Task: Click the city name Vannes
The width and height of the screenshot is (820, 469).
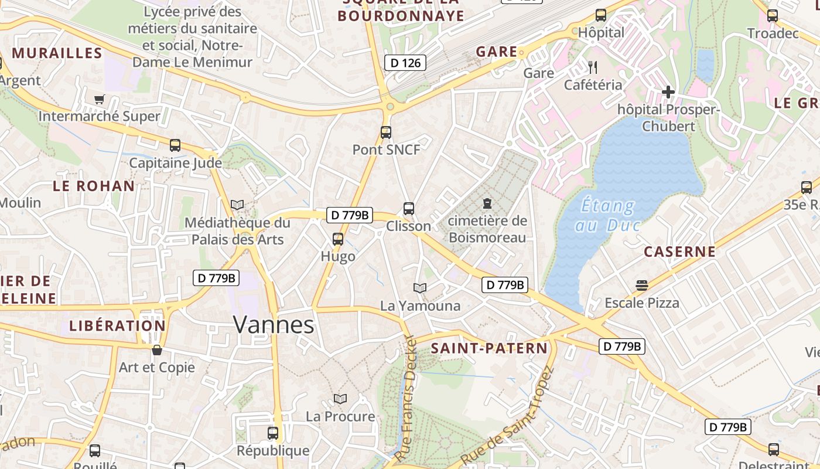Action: pyautogui.click(x=274, y=324)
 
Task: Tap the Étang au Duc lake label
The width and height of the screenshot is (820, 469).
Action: pyautogui.click(x=607, y=215)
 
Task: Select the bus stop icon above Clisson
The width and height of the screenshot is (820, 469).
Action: pyautogui.click(x=409, y=208)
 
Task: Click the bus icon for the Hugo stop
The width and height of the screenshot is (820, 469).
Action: pyautogui.click(x=338, y=239)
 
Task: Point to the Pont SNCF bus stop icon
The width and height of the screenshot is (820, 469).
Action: pyautogui.click(x=385, y=132)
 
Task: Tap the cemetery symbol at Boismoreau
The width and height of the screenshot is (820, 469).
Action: pyautogui.click(x=487, y=203)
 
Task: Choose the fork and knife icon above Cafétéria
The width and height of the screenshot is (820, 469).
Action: pyautogui.click(x=593, y=67)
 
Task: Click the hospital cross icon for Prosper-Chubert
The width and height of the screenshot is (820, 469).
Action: pyautogui.click(x=668, y=92)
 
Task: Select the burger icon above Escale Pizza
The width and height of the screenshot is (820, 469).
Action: pyautogui.click(x=642, y=286)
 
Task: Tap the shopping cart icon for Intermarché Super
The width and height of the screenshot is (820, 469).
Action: pyautogui.click(x=99, y=99)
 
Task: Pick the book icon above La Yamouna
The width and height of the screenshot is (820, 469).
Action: pyautogui.click(x=420, y=288)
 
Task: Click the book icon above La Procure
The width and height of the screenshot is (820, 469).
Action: pyautogui.click(x=340, y=399)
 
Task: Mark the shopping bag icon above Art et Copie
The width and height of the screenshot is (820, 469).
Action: pyautogui.click(x=156, y=350)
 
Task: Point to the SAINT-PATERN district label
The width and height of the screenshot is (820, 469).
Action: pyautogui.click(x=489, y=348)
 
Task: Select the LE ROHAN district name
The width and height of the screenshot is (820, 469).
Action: pyautogui.click(x=94, y=186)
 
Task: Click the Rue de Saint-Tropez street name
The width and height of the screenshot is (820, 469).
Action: pyautogui.click(x=507, y=416)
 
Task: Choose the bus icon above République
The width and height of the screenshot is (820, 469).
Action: pyautogui.click(x=273, y=433)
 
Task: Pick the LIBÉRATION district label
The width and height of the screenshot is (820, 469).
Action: pyautogui.click(x=117, y=325)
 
